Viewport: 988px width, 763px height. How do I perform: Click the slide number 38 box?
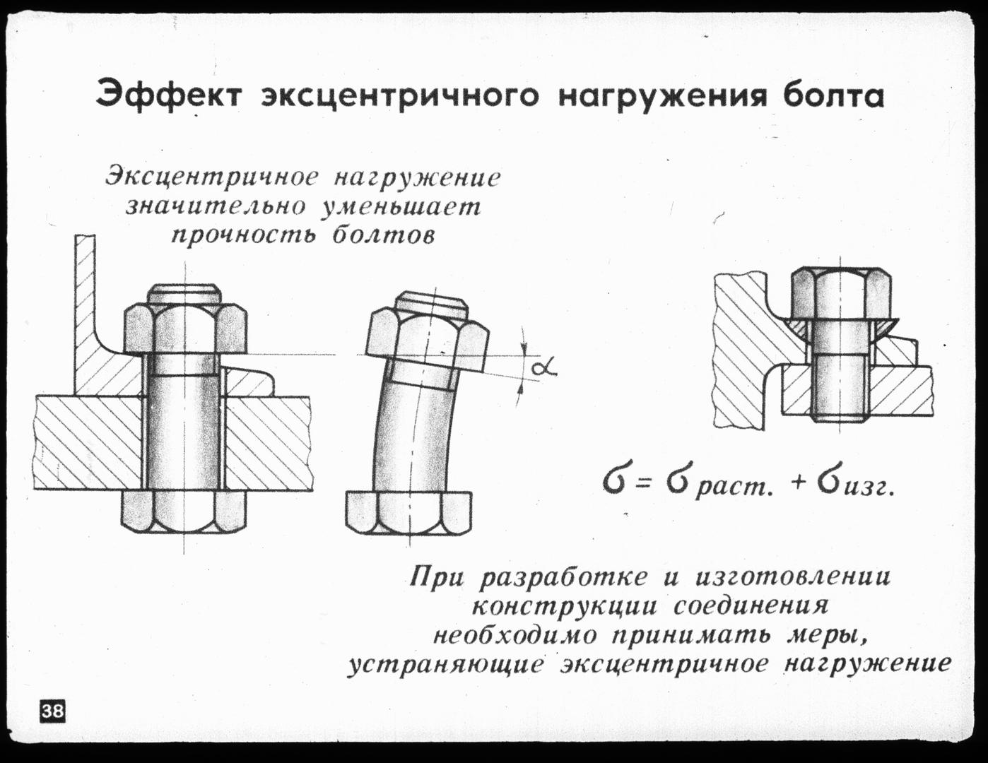coord(52,710)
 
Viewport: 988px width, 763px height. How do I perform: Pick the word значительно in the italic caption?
coord(216,206)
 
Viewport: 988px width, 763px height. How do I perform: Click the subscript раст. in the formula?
coord(732,488)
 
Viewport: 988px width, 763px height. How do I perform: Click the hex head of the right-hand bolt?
coord(840,292)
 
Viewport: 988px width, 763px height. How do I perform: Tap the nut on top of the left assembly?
coord(185,329)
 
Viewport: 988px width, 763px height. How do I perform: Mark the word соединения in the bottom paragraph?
coord(751,606)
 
